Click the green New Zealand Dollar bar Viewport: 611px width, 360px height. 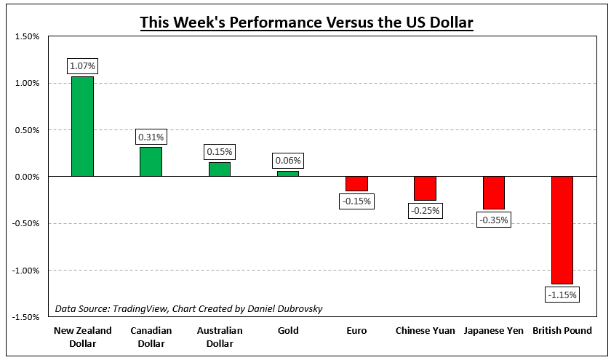pos(82,127)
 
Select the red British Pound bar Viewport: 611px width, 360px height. pos(562,230)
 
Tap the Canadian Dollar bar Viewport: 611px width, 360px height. pos(151,161)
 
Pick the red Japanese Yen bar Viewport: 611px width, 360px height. pos(494,193)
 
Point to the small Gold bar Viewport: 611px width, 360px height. pos(288,174)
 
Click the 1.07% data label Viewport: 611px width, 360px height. pos(82,66)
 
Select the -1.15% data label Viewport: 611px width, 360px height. pos(562,295)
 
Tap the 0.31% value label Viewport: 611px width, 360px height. pos(151,137)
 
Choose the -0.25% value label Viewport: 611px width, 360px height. pos(426,211)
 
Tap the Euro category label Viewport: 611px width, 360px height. pos(356,331)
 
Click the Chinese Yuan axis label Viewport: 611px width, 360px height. pos(426,331)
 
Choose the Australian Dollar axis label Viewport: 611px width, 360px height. pos(220,337)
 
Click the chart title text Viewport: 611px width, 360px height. pos(306,23)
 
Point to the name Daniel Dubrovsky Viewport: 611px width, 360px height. pos(281,308)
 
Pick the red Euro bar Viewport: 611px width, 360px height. pos(356,184)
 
